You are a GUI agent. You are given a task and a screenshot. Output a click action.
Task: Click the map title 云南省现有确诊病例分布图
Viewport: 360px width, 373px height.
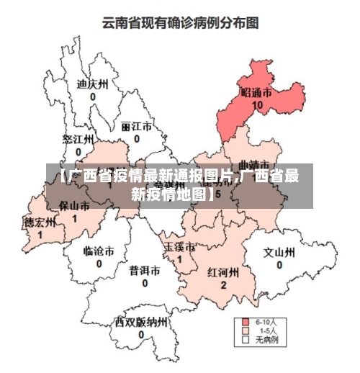tap(180, 23)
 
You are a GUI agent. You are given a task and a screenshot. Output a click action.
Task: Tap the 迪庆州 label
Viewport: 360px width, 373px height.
tap(92, 84)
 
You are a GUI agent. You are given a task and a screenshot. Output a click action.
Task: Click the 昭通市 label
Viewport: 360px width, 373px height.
tap(257, 93)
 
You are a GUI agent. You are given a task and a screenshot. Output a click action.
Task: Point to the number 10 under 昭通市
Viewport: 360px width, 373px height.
tap(257, 105)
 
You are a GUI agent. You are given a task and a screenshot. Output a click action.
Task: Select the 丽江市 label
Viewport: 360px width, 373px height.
tap(136, 126)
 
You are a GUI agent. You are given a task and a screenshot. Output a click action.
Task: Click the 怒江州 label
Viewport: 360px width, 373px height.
tap(78, 139)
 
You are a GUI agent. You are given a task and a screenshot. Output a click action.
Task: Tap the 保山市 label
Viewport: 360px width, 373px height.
tap(74, 206)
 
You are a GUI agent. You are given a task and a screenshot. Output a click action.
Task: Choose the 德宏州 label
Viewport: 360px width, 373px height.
tap(40, 222)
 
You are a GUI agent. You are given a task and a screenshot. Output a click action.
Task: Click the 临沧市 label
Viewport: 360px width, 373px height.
tap(99, 251)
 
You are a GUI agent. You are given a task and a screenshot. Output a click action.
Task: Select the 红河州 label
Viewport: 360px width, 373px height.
tap(223, 273)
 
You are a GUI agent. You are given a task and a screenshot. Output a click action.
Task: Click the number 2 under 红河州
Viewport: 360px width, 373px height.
tap(223, 285)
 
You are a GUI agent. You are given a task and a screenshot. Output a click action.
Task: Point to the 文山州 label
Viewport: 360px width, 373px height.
tap(279, 253)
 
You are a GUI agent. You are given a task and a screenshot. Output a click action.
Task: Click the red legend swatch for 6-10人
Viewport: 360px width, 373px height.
tap(246, 321)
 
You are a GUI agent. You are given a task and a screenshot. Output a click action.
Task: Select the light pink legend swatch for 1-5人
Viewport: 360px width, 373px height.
tap(246, 330)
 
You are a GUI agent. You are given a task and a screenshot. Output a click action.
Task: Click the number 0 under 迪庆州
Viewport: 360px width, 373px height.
tap(93, 96)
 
